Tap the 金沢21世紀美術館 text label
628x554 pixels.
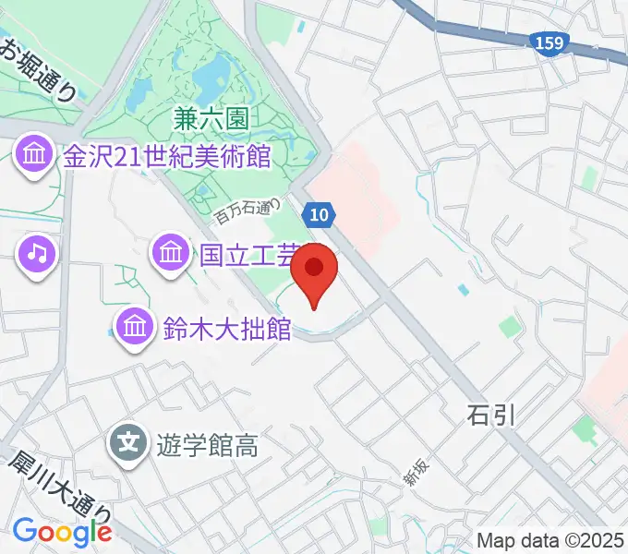166,156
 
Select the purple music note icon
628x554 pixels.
36,252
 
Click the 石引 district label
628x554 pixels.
489,415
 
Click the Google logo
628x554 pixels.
62,531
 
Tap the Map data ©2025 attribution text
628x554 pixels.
550,539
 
